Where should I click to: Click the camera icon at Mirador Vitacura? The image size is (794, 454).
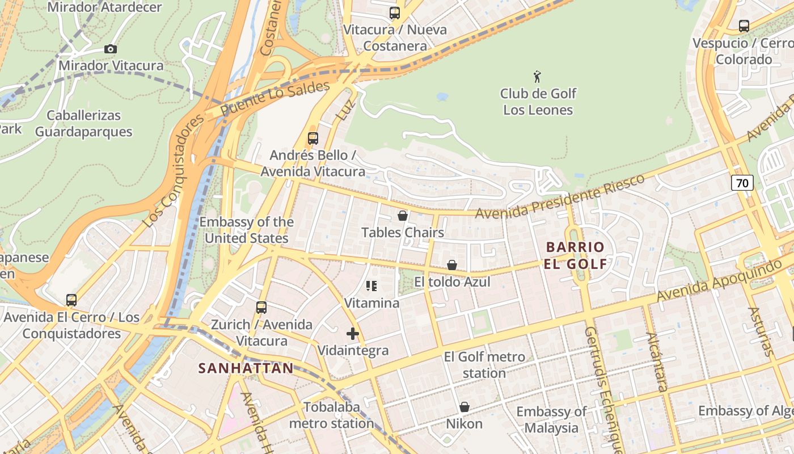pyautogui.click(x=111, y=49)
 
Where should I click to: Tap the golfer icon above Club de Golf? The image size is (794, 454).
pyautogui.click(x=537, y=77)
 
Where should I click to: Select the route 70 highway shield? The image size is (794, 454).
pyautogui.click(x=742, y=183)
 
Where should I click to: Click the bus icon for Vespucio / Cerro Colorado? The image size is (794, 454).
pyautogui.click(x=744, y=26)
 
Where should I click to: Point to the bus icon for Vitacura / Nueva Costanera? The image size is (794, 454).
pyautogui.click(x=394, y=13)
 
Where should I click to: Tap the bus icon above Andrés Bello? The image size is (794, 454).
pyautogui.click(x=312, y=138)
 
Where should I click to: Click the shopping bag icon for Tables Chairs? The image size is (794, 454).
pyautogui.click(x=402, y=216)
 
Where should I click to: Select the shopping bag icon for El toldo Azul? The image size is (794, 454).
pyautogui.click(x=452, y=265)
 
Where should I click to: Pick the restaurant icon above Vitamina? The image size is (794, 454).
pyautogui.click(x=371, y=286)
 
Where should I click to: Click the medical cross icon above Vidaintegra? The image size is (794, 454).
pyautogui.click(x=353, y=334)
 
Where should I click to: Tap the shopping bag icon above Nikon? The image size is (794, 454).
pyautogui.click(x=464, y=407)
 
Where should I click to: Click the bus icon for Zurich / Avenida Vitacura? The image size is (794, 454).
pyautogui.click(x=261, y=308)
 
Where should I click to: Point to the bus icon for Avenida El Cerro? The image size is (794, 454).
pyautogui.click(x=71, y=300)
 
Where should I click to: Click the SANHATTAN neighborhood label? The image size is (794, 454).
pyautogui.click(x=246, y=368)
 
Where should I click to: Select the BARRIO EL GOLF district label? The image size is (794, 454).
pyautogui.click(x=575, y=255)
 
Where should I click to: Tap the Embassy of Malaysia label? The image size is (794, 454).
pyautogui.click(x=551, y=419)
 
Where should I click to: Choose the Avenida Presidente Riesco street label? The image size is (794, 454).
pyautogui.click(x=560, y=197)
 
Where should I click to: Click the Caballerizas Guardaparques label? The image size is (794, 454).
pyautogui.click(x=83, y=124)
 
